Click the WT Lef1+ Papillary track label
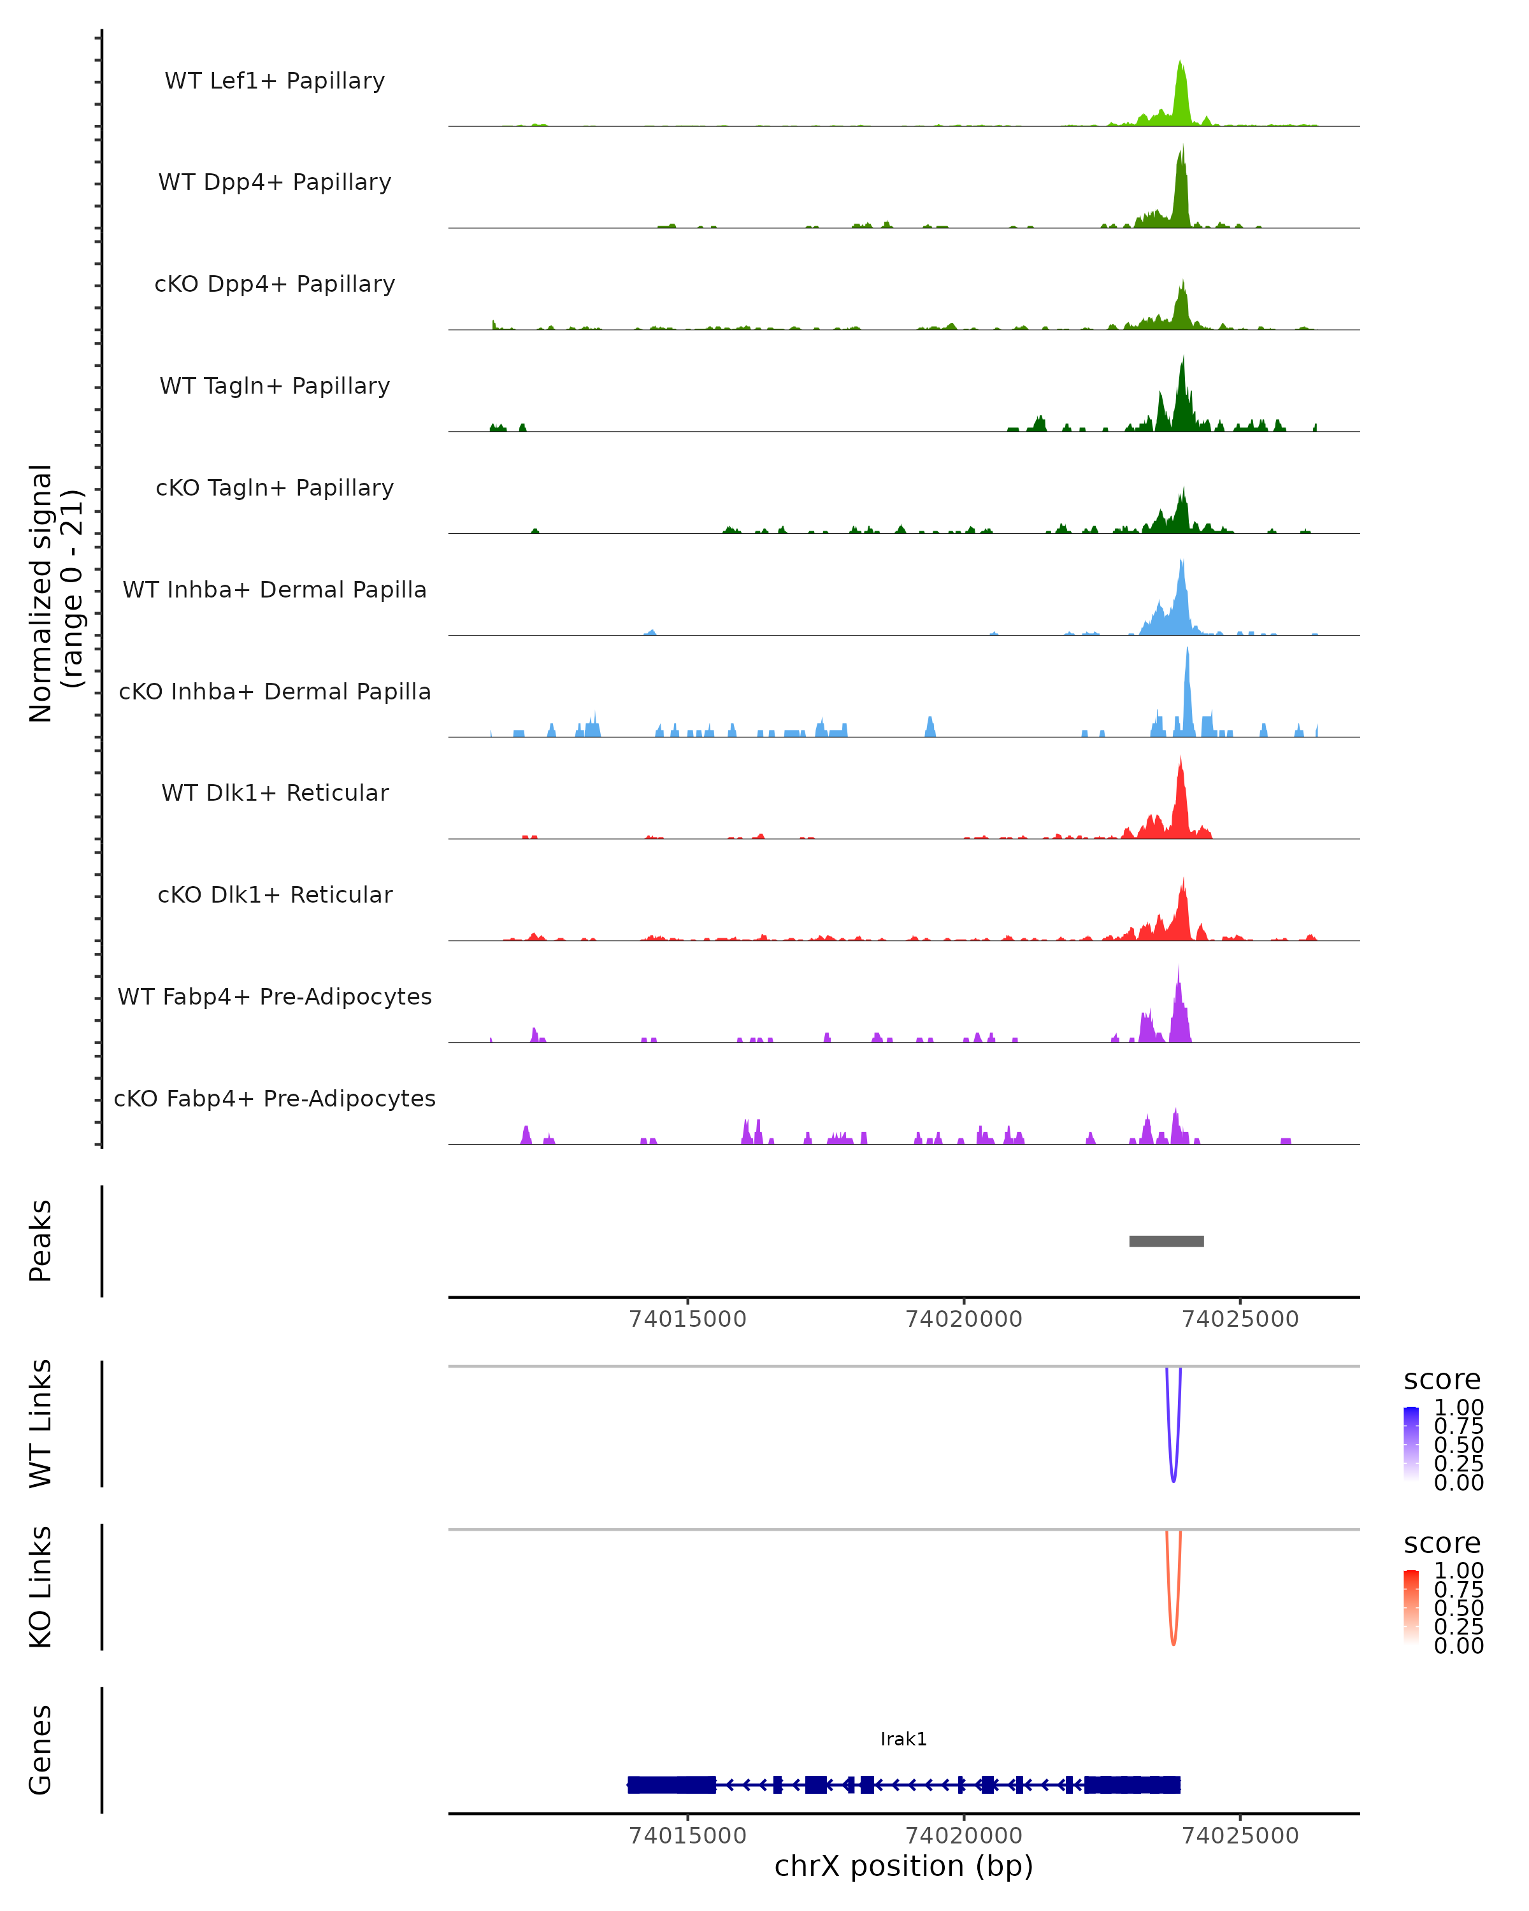[275, 81]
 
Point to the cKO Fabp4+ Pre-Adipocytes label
[275, 1098]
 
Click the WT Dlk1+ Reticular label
[275, 792]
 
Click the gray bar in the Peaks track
[1166, 1241]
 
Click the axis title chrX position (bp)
[903, 1866]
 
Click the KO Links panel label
[41, 1587]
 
